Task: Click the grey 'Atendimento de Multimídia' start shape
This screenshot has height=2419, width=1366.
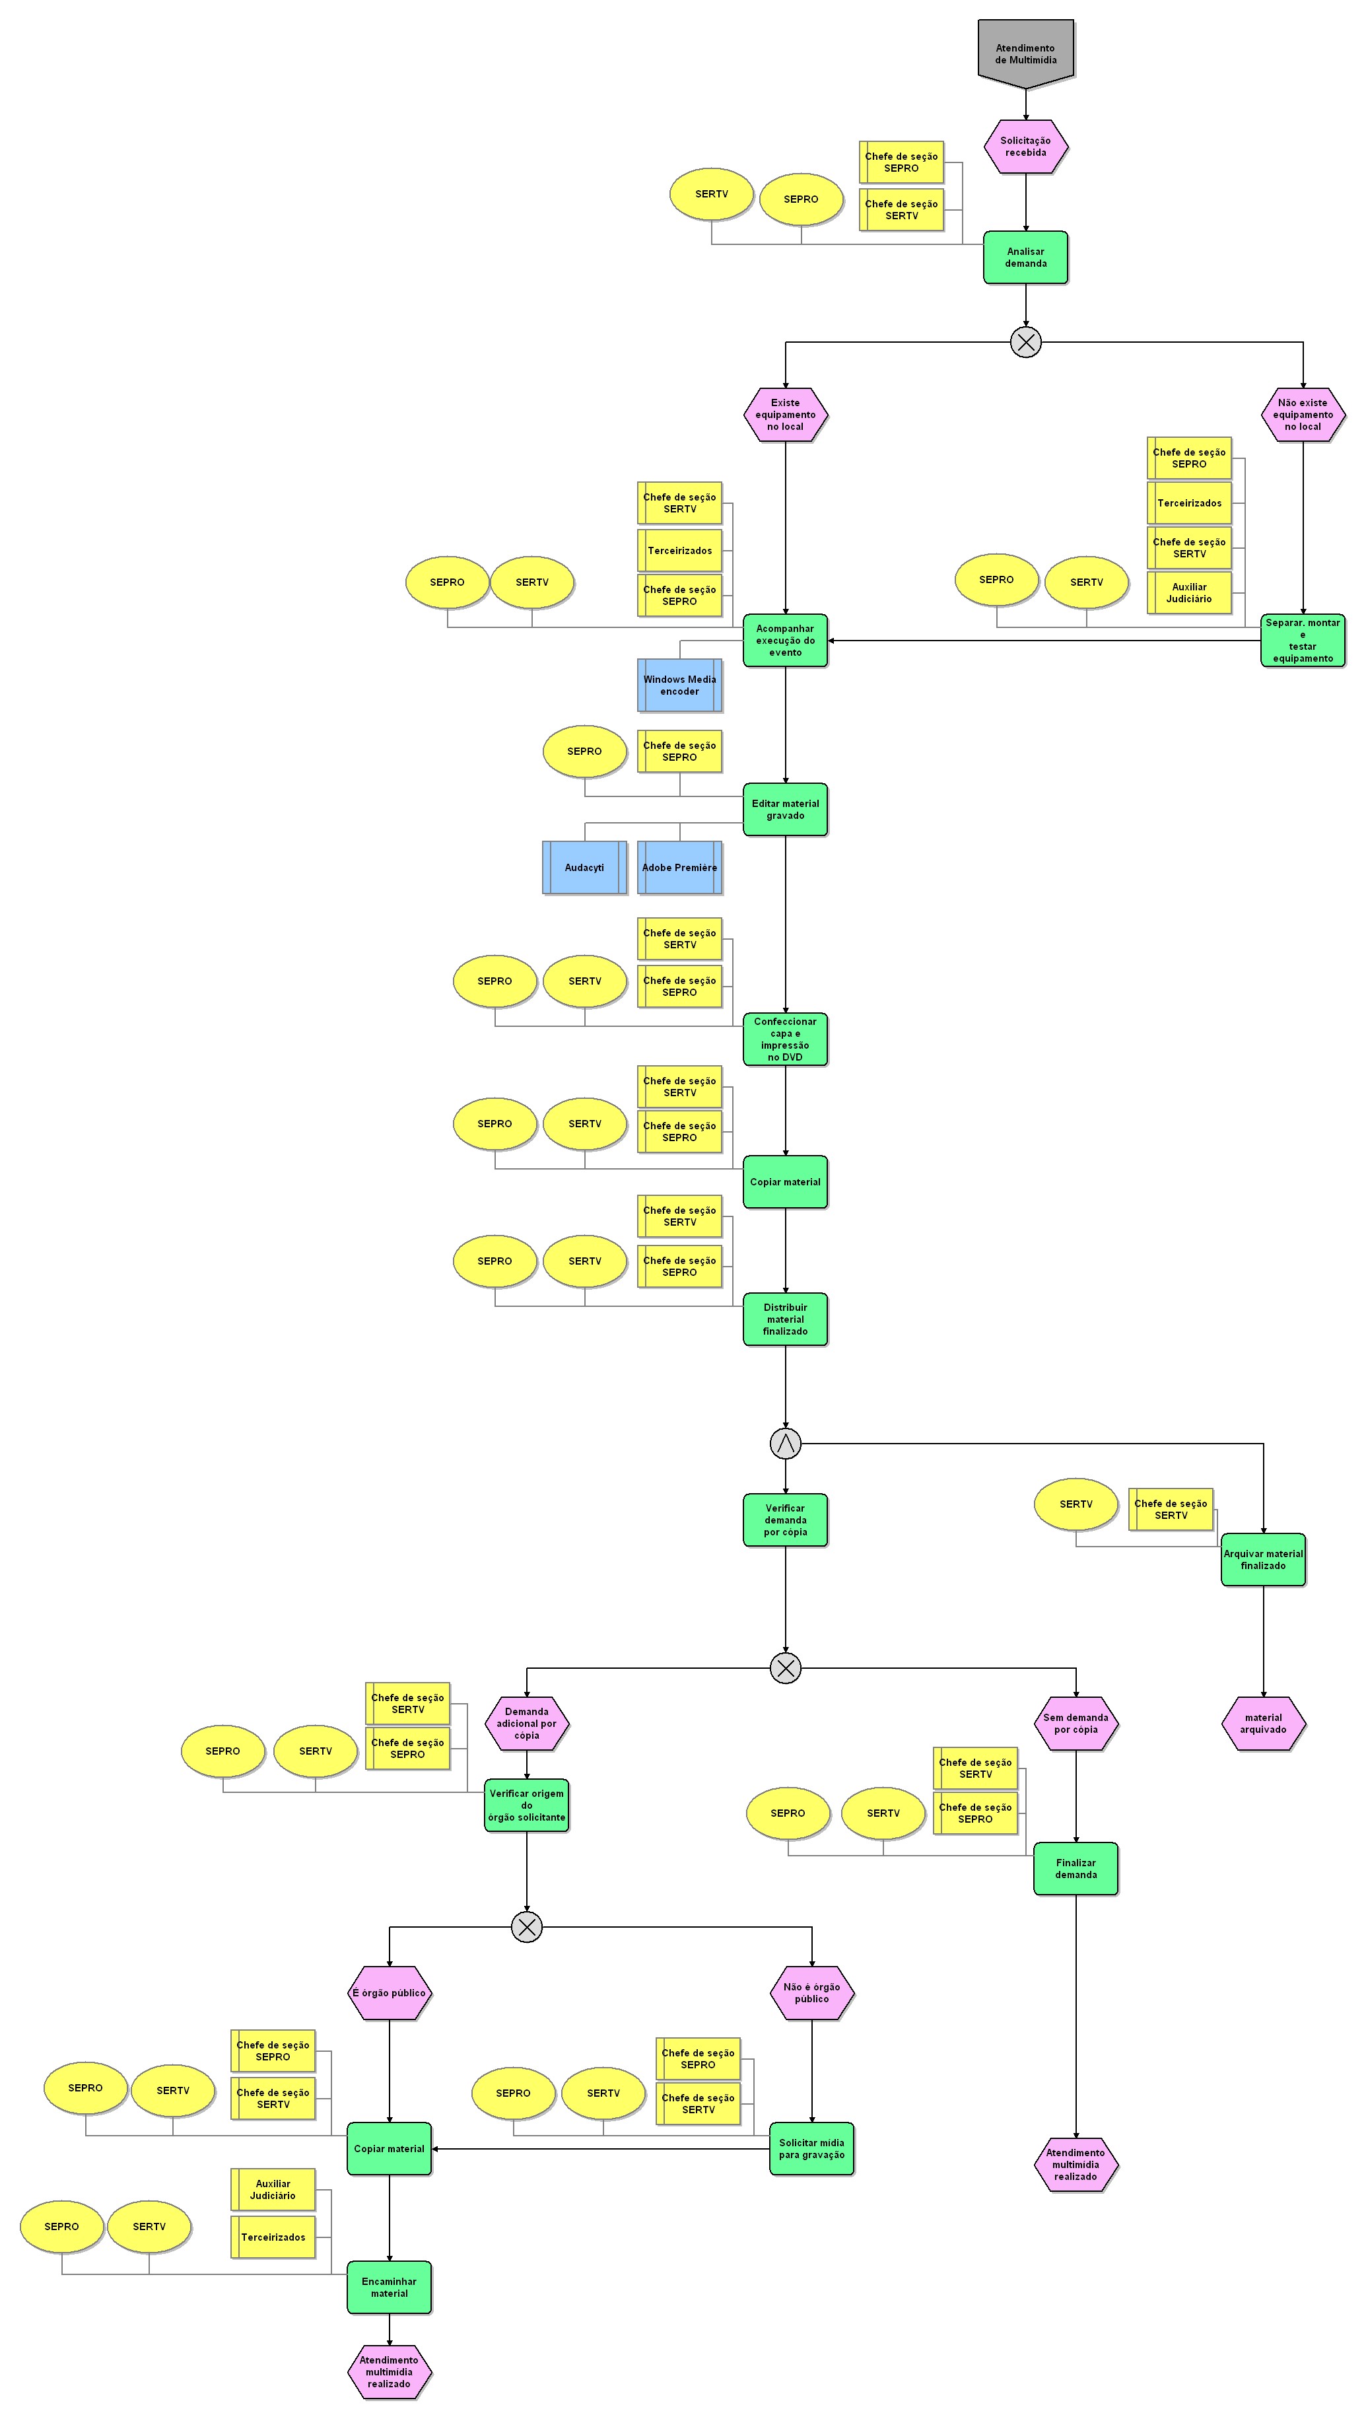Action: [1025, 53]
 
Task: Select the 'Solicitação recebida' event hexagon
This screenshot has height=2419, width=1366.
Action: [1025, 147]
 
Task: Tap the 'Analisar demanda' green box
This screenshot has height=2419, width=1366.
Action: [1025, 258]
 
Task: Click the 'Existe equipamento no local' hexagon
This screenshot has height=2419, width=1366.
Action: [785, 414]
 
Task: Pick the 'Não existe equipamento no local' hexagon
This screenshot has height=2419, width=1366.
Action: [1302, 414]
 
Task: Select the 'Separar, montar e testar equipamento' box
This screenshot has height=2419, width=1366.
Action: [1302, 641]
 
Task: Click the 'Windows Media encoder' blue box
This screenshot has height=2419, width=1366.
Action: [679, 685]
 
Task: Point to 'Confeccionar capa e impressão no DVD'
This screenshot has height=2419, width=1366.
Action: [785, 1039]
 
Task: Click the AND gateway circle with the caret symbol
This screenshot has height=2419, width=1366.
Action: [785, 1444]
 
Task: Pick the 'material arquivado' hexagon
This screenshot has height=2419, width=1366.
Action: [1263, 1723]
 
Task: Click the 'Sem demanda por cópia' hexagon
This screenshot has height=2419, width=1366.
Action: [1075, 1723]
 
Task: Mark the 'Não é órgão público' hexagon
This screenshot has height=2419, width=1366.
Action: [811, 1992]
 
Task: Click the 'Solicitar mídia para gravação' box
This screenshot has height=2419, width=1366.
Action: [811, 2148]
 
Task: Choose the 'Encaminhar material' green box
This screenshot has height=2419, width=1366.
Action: [389, 2288]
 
